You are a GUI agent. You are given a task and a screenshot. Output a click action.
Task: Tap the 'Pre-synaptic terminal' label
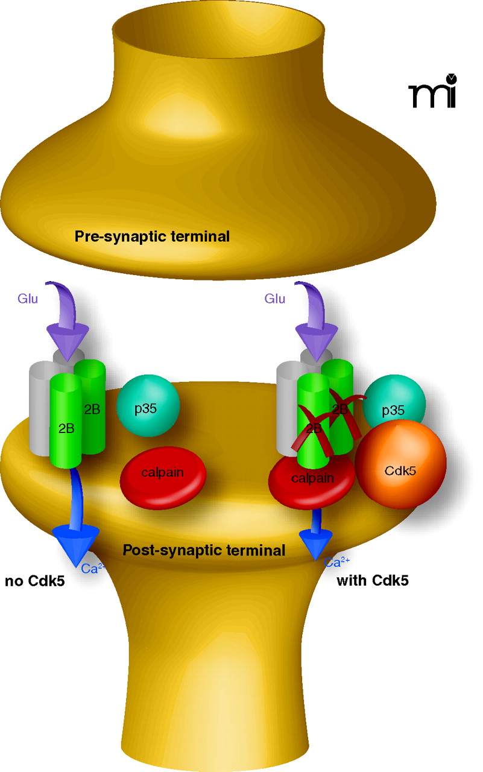(x=152, y=236)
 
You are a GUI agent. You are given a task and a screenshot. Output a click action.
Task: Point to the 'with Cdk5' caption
(x=368, y=581)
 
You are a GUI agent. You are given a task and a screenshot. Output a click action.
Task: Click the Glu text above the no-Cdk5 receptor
(x=27, y=298)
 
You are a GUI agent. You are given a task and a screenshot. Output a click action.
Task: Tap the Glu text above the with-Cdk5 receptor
(x=275, y=298)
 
